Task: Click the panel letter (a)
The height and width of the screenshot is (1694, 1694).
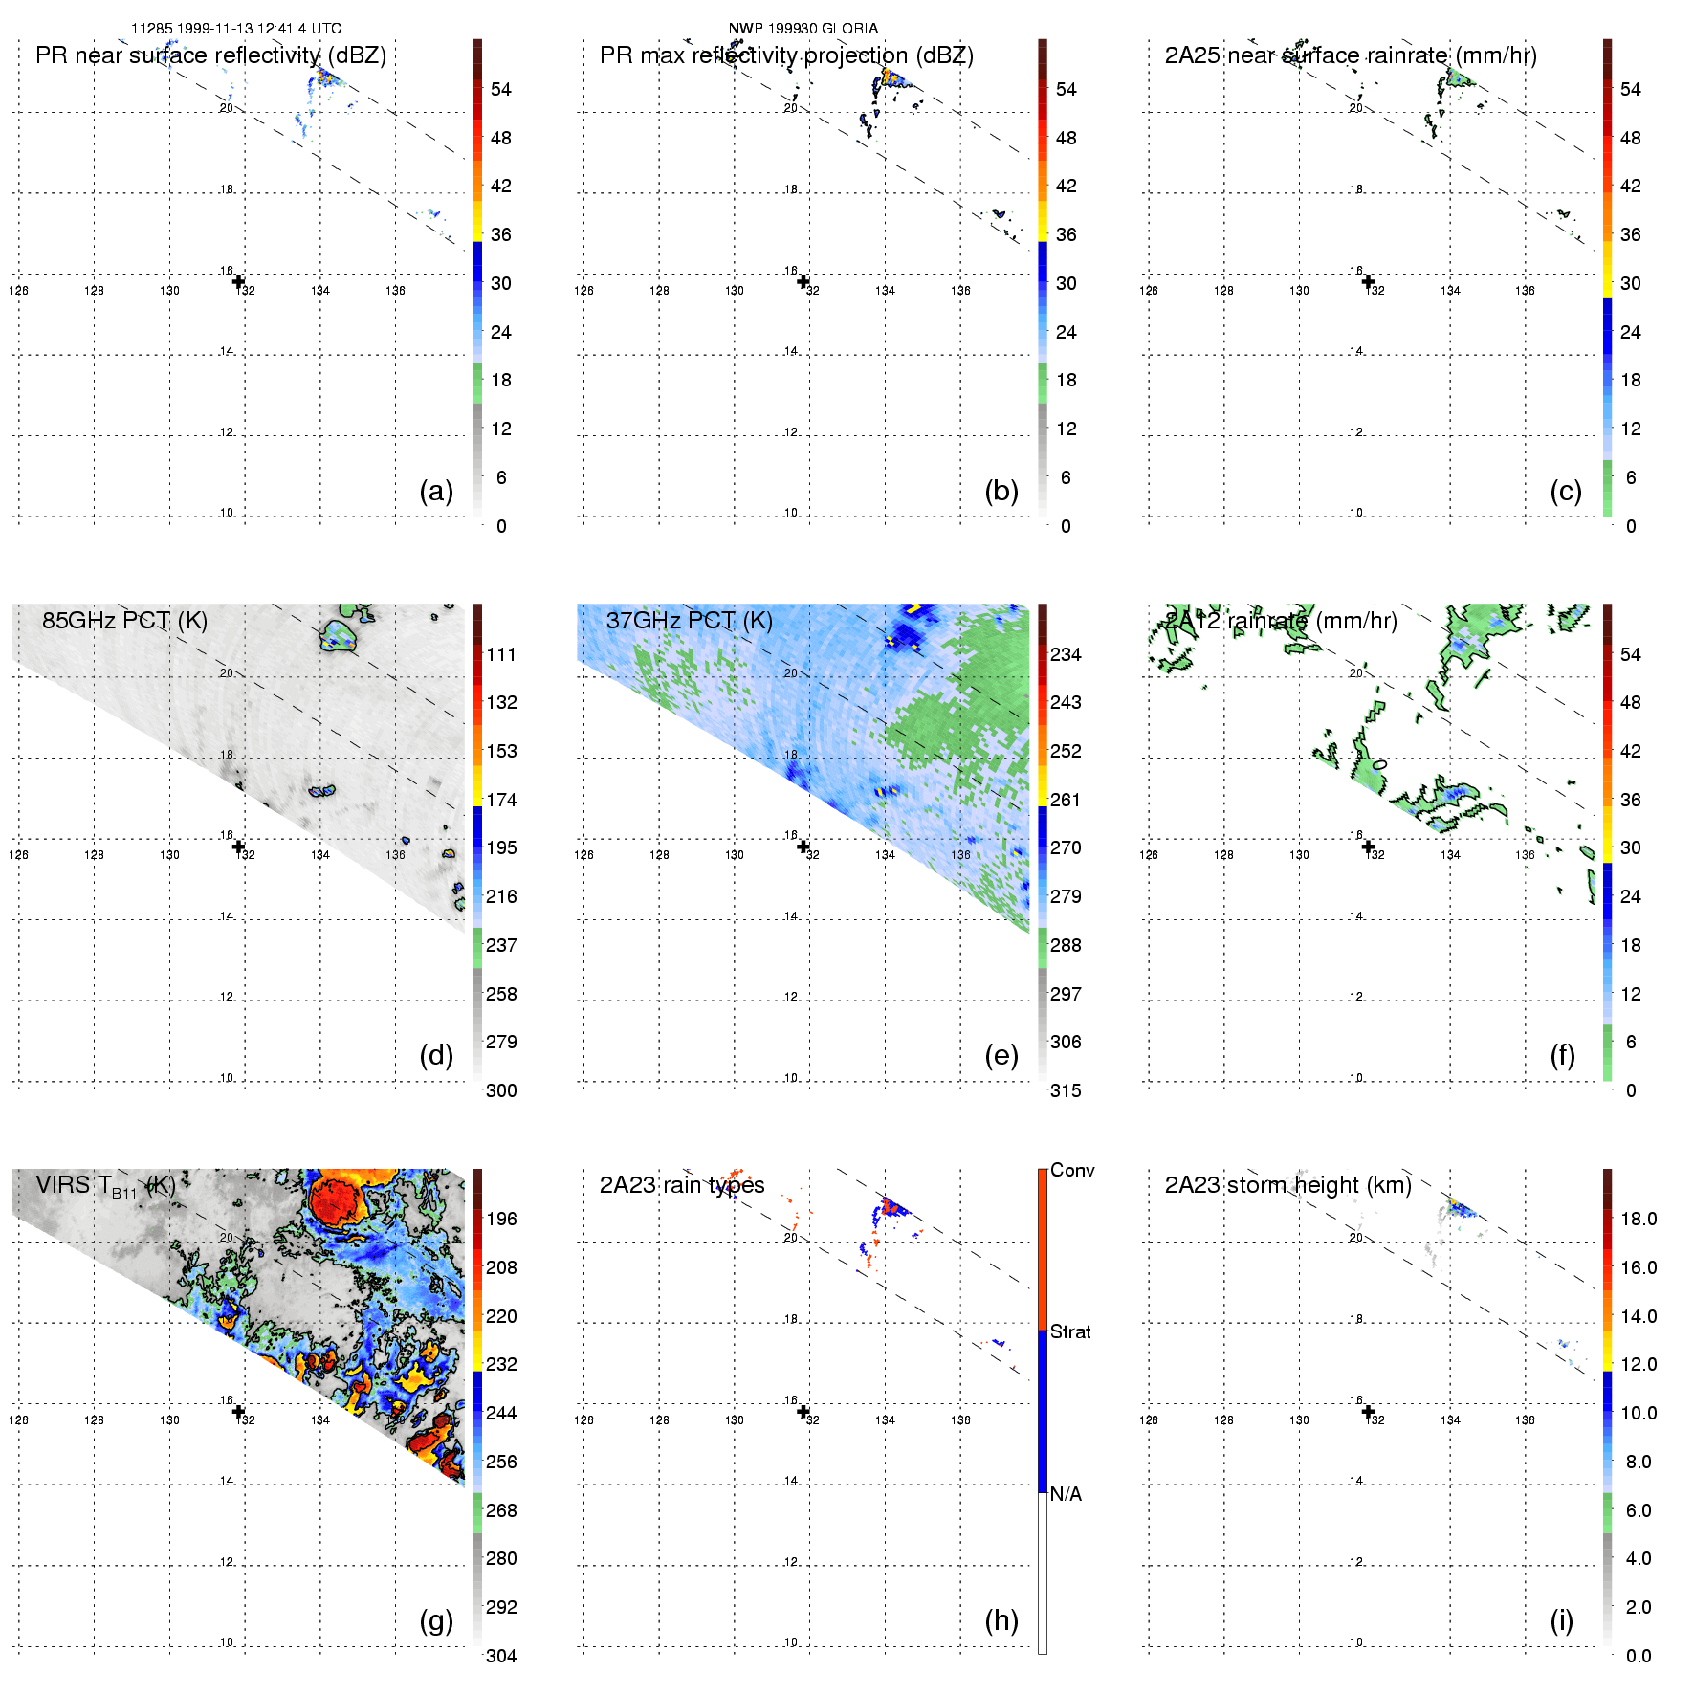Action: pyautogui.click(x=436, y=491)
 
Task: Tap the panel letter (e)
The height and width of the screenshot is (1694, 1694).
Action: pyautogui.click(x=1001, y=1055)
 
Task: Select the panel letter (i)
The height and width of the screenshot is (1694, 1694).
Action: pyautogui.click(x=1561, y=1620)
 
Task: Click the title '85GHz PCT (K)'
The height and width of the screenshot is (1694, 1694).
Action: pyautogui.click(x=124, y=620)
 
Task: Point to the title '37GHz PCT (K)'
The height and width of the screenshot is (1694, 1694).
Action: pyautogui.click(x=689, y=620)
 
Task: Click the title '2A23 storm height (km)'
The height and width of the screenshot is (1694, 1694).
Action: pyautogui.click(x=1287, y=1185)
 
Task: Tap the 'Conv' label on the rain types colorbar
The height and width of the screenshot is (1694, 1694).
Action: pyautogui.click(x=1072, y=1170)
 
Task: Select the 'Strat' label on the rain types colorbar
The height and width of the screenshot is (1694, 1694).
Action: pyautogui.click(x=1070, y=1331)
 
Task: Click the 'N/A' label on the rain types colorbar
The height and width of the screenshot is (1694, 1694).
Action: pyautogui.click(x=1066, y=1494)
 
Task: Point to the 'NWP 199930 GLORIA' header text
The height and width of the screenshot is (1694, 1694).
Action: pyautogui.click(x=803, y=29)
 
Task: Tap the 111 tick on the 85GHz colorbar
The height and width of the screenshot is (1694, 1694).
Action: pyautogui.click(x=501, y=654)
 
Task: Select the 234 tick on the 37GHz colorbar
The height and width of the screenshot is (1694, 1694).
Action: pyautogui.click(x=1066, y=654)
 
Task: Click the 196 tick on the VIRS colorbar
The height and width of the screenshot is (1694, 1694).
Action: pyautogui.click(x=501, y=1219)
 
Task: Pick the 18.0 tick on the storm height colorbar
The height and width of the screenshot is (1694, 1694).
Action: pyautogui.click(x=1639, y=1219)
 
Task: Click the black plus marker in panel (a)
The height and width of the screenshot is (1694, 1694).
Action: pyautogui.click(x=238, y=281)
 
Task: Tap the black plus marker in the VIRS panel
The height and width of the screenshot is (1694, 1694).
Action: pyautogui.click(x=238, y=1411)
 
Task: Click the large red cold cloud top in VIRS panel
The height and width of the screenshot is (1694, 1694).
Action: pyautogui.click(x=335, y=1200)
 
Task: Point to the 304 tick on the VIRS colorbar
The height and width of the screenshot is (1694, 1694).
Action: pyautogui.click(x=501, y=1656)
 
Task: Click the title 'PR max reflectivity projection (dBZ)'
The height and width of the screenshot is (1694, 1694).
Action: pyautogui.click(x=786, y=55)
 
